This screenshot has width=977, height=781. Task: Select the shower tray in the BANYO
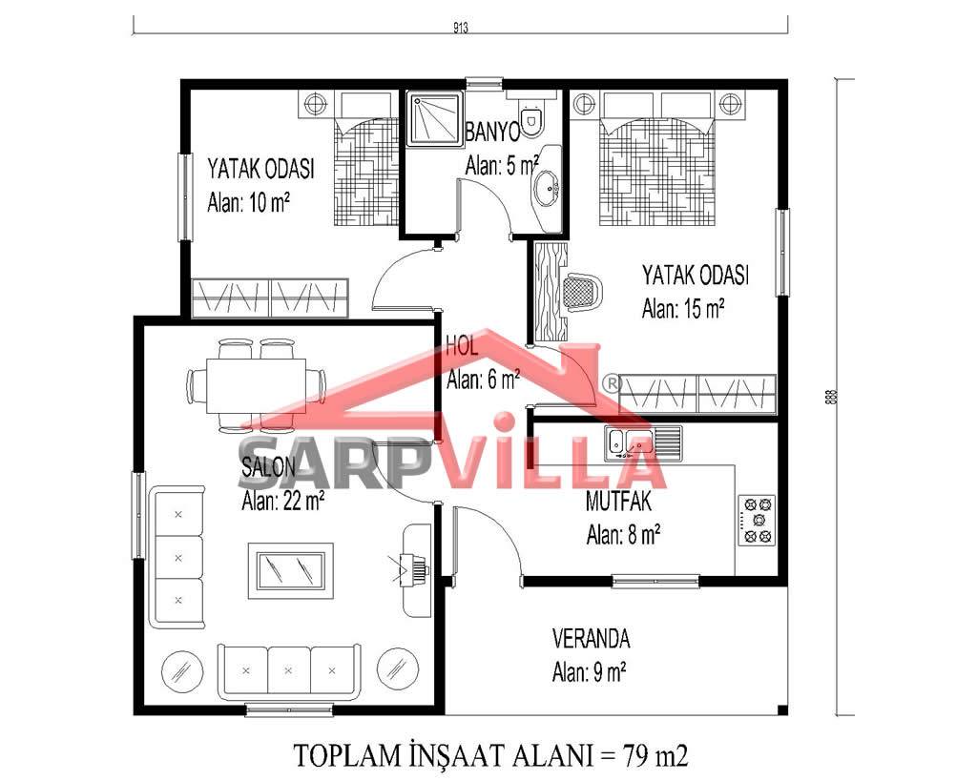pos(434,118)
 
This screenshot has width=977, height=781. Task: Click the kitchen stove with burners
pos(757,520)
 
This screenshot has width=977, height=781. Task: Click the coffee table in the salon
pos(291,566)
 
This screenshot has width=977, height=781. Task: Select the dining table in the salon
pos(256,385)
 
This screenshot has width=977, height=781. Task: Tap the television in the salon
pos(414,568)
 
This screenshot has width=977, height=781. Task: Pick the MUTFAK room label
pos(618,502)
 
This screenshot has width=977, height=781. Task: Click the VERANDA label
pos(591,639)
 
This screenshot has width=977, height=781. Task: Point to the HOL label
pos(463,346)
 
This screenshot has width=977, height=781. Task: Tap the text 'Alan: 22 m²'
pos(283,500)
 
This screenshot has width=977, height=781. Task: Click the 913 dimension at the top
pos(461,28)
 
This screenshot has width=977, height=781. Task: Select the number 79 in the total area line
pos(635,755)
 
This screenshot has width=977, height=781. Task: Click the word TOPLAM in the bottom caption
pos(347,755)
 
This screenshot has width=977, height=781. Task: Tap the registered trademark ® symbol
pos(613,383)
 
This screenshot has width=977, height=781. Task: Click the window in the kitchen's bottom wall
pos(655,582)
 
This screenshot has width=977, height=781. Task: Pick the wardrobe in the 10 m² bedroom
pos(270,298)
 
